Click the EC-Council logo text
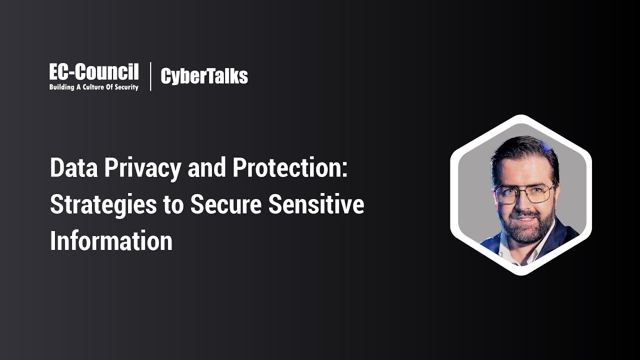click(x=93, y=72)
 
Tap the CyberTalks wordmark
click(x=204, y=76)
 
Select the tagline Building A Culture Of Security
click(x=93, y=87)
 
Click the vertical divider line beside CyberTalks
click(x=150, y=76)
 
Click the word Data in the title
click(x=72, y=168)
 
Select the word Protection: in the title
click(x=290, y=168)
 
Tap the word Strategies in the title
click(x=103, y=205)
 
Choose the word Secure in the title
click(x=226, y=204)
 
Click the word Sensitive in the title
click(x=316, y=204)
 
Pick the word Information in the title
click(x=111, y=241)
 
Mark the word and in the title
click(x=207, y=168)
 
